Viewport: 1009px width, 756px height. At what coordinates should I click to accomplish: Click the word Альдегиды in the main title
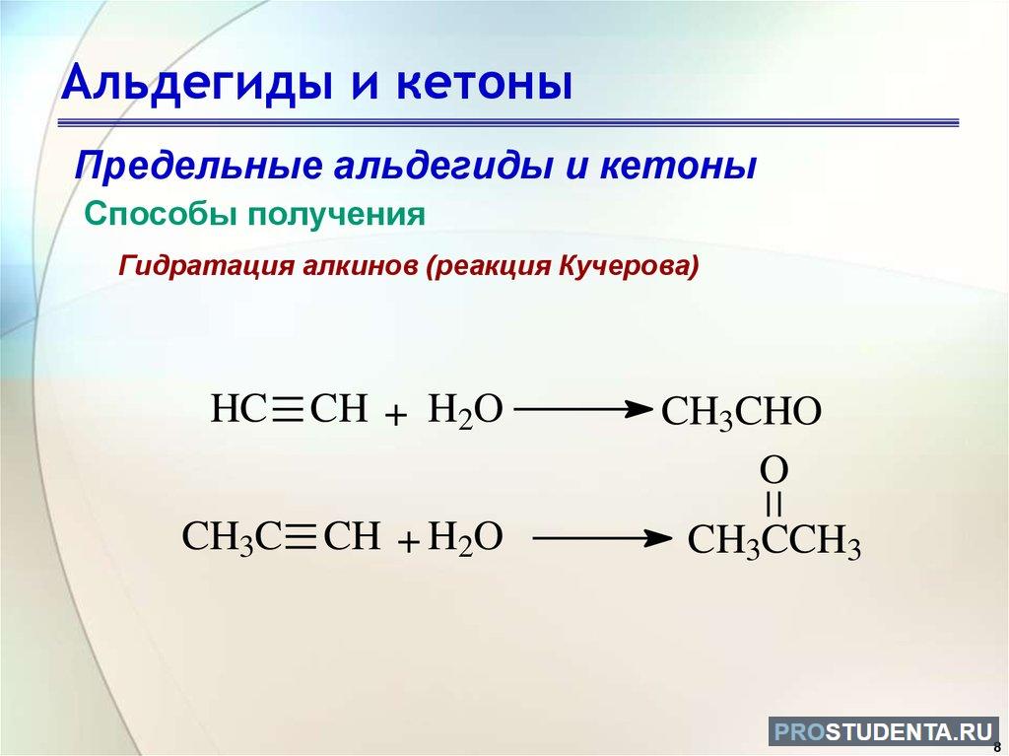(197, 84)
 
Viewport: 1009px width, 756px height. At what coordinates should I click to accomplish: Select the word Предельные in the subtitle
(199, 167)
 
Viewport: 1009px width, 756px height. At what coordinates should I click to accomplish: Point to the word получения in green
(337, 216)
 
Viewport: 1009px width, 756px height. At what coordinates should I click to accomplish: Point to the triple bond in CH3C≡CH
(300, 537)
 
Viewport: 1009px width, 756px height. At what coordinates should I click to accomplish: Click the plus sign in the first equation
(396, 415)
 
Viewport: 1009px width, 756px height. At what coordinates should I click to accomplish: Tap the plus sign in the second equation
(409, 543)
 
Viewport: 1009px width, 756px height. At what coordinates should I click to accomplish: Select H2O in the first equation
(465, 411)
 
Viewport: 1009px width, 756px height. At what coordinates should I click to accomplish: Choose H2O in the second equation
(465, 538)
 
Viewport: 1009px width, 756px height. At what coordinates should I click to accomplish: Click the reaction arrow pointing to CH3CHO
(583, 409)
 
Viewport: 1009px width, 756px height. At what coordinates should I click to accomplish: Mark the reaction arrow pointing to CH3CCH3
(602, 538)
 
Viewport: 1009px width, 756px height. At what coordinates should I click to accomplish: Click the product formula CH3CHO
(741, 412)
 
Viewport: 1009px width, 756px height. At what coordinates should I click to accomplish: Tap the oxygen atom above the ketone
(774, 470)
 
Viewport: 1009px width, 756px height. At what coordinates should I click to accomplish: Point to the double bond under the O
(774, 505)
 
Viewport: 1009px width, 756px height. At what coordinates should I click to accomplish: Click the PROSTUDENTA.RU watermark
(884, 732)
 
